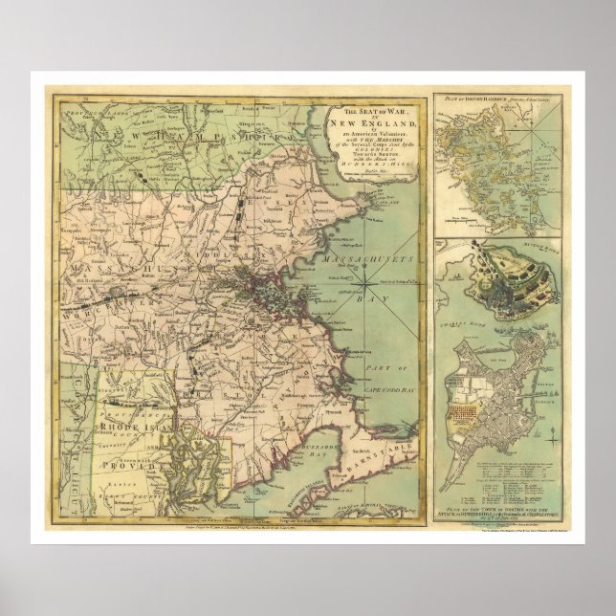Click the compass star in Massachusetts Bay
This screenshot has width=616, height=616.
[366, 284]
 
